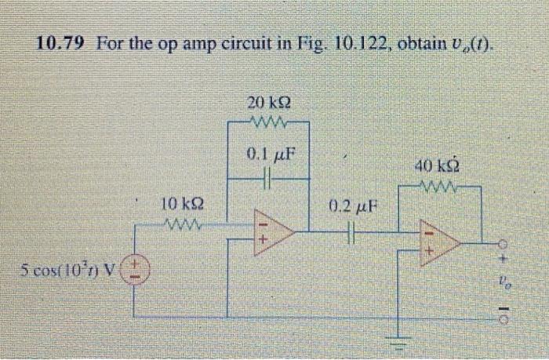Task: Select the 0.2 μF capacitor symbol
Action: (353, 232)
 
